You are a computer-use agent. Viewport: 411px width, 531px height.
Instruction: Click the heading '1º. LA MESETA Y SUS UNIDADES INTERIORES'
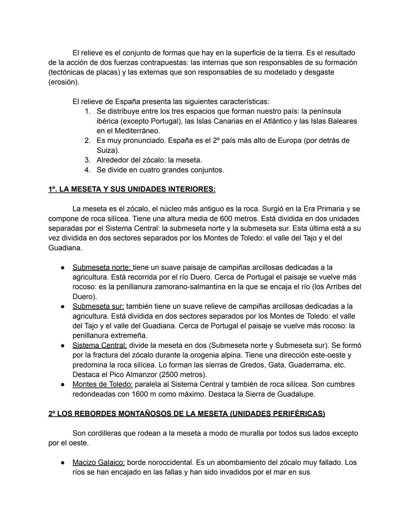point(132,189)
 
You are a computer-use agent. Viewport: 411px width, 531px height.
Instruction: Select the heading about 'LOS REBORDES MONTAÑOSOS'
point(186,414)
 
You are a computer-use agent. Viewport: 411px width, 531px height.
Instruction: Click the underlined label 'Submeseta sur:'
point(98,306)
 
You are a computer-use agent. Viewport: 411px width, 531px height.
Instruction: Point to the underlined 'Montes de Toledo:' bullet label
point(102,384)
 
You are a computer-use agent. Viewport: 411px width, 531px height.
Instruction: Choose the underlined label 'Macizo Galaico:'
point(99,463)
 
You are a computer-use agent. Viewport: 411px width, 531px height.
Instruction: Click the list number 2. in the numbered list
point(88,141)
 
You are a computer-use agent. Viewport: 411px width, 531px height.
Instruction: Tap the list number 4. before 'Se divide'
point(88,170)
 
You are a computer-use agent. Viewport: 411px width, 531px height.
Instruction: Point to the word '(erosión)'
point(64,82)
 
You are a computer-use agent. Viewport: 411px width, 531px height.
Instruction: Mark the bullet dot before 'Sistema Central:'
point(62,346)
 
